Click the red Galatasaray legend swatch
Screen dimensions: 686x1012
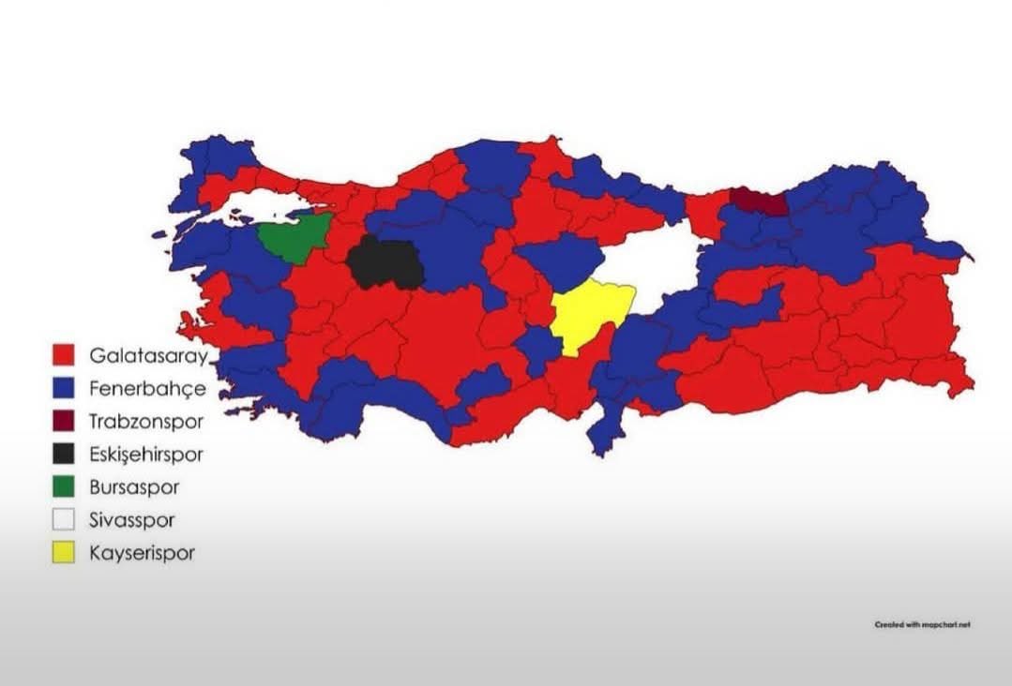pos(64,355)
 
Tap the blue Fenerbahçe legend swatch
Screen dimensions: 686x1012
pos(64,388)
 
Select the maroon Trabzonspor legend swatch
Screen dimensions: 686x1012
pos(64,421)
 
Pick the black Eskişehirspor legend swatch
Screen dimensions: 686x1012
pos(64,455)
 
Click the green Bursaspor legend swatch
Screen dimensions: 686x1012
pos(64,487)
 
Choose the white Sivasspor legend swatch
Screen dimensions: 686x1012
pos(64,520)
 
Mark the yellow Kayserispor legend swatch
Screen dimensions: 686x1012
pos(64,553)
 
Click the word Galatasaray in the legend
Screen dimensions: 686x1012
pos(148,356)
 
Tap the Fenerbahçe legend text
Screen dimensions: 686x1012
pos(147,388)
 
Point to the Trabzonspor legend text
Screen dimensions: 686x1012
pos(145,422)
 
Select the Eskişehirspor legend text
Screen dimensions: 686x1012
pos(146,455)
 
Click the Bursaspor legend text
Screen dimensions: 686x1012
pos(134,487)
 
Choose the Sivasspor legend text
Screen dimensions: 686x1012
pos(132,520)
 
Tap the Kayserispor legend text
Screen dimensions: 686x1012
pos(143,553)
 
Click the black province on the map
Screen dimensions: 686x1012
pos(385,263)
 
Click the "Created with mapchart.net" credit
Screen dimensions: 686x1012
pos(922,624)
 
